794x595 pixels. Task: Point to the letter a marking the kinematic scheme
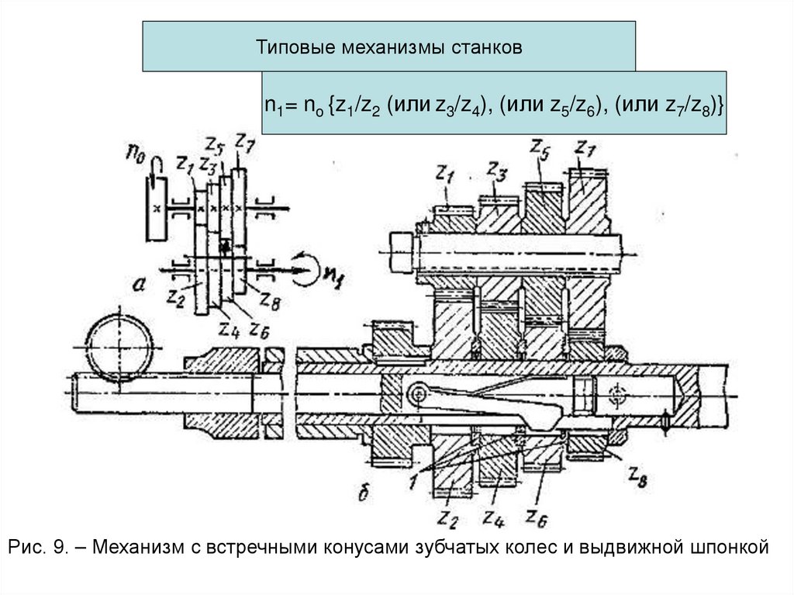[140, 286]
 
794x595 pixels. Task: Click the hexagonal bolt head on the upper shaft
[403, 252]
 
